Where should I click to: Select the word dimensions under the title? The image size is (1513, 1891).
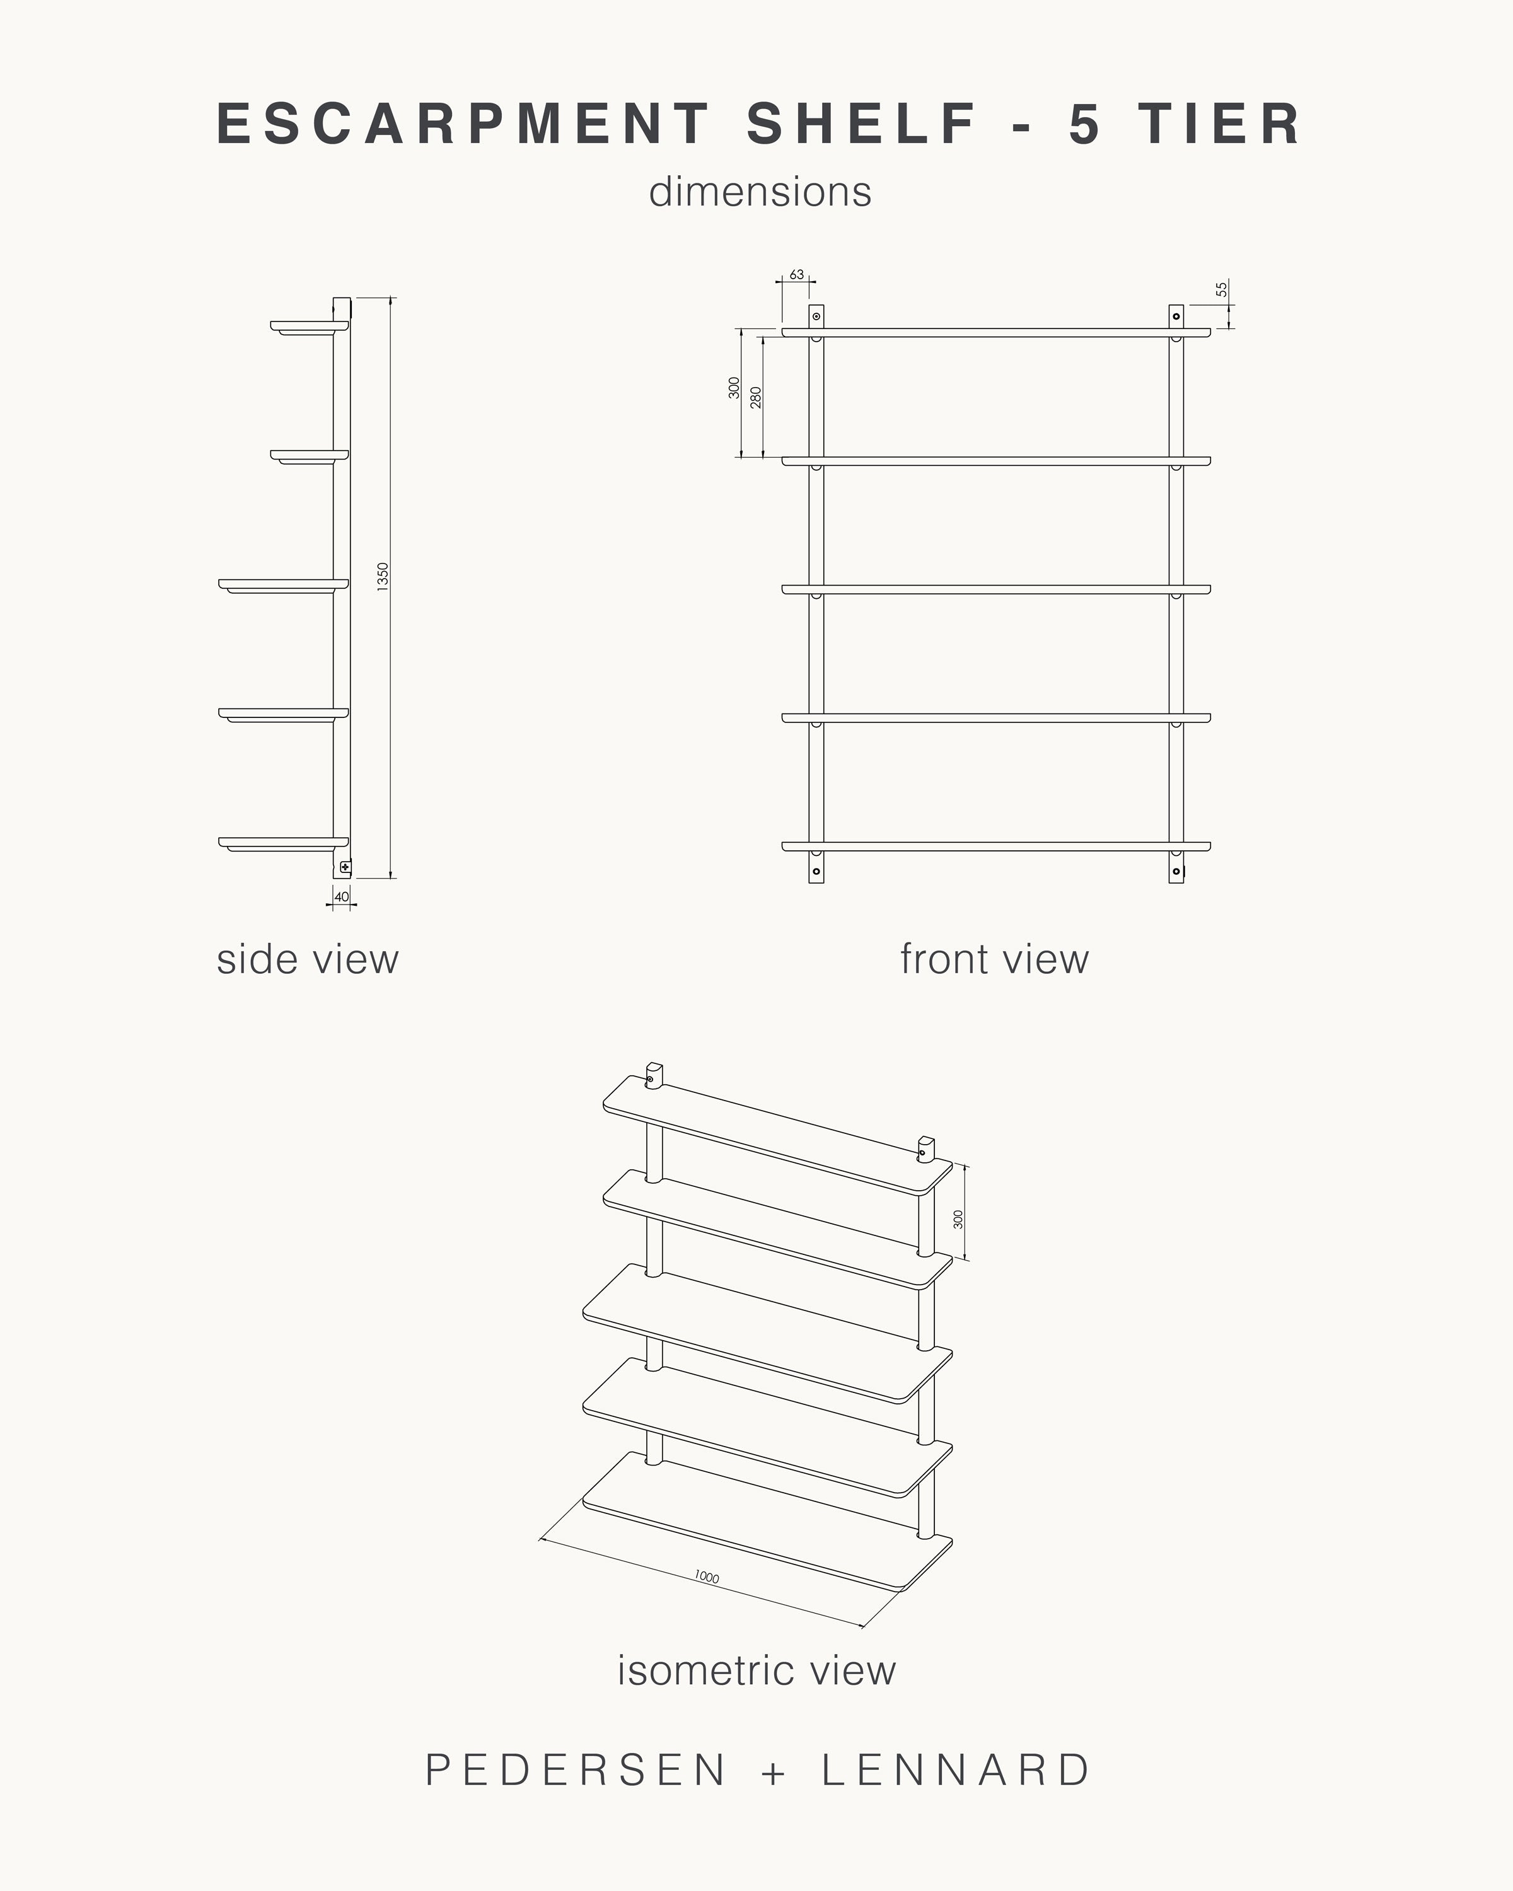(760, 192)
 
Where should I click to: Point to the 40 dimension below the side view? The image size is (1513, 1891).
(341, 896)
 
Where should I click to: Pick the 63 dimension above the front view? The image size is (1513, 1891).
(796, 275)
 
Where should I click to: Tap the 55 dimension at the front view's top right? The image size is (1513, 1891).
(1222, 289)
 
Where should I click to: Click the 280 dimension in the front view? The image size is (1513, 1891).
(756, 396)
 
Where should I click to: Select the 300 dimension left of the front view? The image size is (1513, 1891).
(735, 388)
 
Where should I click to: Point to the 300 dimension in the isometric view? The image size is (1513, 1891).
(959, 1218)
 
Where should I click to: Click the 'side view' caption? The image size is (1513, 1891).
(307, 959)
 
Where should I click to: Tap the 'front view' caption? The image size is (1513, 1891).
(995, 959)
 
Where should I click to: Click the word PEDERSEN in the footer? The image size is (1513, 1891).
(576, 1770)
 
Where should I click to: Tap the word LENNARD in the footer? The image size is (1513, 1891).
(956, 1770)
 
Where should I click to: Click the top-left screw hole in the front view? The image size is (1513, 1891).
(816, 316)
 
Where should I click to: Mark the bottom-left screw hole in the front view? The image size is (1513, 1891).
(816, 871)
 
